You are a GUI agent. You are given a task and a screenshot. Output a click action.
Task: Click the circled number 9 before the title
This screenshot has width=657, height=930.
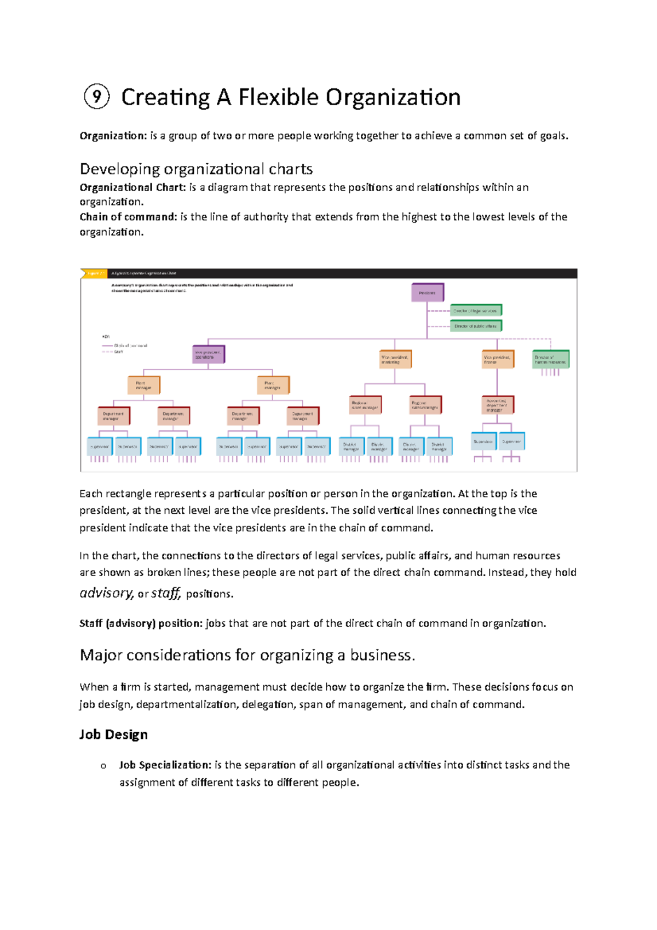(96, 97)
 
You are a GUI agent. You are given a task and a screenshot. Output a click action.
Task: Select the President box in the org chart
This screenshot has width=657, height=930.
(428, 292)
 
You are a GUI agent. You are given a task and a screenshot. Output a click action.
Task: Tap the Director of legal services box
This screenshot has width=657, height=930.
(475, 311)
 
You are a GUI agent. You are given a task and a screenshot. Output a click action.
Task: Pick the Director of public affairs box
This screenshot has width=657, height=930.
(475, 326)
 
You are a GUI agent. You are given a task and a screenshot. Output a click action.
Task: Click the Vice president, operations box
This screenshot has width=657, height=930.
(209, 354)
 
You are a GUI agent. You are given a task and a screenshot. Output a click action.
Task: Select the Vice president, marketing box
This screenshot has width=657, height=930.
(395, 359)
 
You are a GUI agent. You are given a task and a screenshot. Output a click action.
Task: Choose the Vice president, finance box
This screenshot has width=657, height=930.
(498, 359)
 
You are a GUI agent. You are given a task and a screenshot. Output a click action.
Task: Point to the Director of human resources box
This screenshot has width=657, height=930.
(550, 359)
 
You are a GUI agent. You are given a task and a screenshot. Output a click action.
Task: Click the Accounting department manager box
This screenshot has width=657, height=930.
(497, 405)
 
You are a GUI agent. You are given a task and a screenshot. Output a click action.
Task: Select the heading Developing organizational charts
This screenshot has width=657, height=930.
(196, 169)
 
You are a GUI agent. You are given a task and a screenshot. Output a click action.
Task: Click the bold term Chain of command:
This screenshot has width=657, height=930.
(129, 217)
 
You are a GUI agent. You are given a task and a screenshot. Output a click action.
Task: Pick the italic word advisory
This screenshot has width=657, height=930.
(106, 593)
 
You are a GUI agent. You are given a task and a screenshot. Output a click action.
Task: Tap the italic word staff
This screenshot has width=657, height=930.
(165, 593)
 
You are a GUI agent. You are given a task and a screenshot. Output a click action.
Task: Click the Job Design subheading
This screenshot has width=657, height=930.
(113, 734)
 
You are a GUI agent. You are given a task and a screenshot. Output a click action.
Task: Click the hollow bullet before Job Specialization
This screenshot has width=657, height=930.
(103, 766)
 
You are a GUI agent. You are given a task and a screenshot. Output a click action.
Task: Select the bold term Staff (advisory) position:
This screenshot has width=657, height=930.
(141, 624)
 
